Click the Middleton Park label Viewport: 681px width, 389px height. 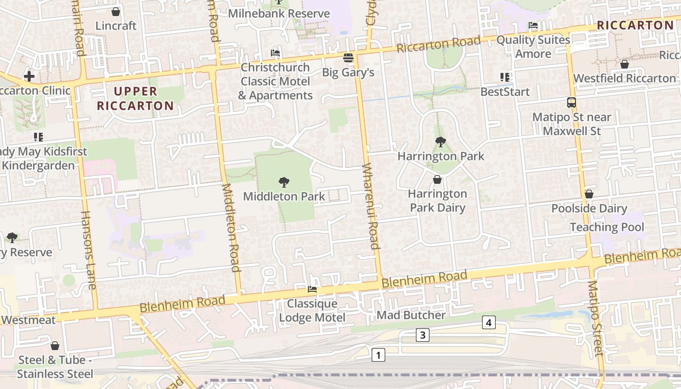point(284,196)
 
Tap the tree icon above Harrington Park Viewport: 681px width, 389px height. point(440,142)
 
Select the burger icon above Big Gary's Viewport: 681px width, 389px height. point(348,58)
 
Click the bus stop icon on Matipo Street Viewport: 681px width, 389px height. point(572,103)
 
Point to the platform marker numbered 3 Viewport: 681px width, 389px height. point(423,335)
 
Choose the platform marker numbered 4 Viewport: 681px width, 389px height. point(489,322)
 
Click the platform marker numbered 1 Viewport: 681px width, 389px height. point(378,355)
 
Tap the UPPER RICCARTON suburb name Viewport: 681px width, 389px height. point(135,98)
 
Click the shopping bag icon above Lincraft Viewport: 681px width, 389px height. point(116,11)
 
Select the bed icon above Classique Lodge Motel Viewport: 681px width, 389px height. point(312,289)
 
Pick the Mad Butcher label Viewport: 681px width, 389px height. point(411,315)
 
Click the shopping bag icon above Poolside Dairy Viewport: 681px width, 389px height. point(589,194)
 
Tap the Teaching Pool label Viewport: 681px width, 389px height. point(607,227)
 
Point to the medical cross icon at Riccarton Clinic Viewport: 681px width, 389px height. point(29,76)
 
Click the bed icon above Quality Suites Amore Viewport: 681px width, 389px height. point(533,25)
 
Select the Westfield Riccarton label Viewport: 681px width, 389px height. point(625,78)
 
